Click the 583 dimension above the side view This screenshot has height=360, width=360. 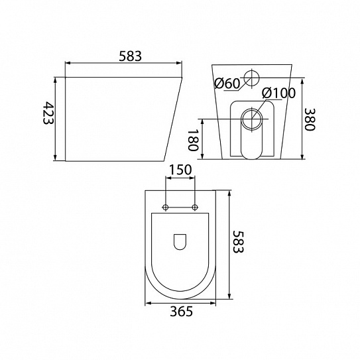tap(130, 56)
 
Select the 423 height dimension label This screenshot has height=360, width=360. tap(48, 113)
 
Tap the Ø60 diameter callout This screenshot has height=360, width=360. tap(227, 84)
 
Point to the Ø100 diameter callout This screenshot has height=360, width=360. tap(278, 93)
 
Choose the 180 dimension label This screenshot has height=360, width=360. tap(193, 141)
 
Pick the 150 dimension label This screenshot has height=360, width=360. tap(180, 170)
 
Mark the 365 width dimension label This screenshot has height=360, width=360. tap(182, 312)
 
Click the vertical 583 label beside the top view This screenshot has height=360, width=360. tap(238, 241)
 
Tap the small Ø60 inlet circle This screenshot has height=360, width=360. tap(252, 78)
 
